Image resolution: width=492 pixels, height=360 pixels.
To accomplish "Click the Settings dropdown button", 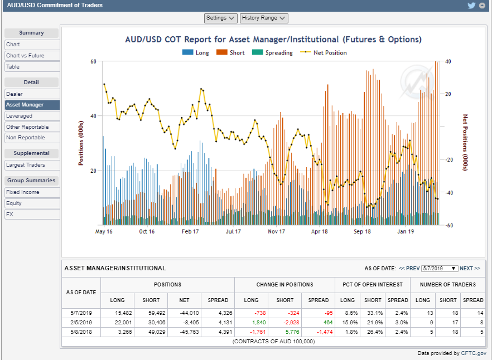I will [221, 18].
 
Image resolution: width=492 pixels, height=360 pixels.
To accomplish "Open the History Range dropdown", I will [264, 18].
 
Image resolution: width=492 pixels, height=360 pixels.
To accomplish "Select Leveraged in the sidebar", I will [20, 116].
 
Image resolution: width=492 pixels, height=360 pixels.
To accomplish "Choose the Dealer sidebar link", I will [15, 94].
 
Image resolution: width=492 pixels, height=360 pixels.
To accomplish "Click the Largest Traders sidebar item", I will [26, 165].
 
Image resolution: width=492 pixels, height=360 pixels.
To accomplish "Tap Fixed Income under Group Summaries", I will [23, 192].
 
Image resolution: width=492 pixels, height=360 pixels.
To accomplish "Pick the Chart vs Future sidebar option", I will [25, 56].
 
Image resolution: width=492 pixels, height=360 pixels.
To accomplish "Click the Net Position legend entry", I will [329, 53].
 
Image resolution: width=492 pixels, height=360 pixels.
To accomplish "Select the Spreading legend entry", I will [279, 53].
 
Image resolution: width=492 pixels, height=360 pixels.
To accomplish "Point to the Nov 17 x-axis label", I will [276, 231].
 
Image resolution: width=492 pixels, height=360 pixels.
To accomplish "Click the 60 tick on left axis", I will [93, 61].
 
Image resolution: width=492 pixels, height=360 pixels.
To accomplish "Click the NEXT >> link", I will [470, 269].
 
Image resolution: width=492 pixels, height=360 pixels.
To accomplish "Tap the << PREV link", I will [409, 269].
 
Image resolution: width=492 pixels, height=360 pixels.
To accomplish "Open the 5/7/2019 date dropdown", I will [440, 269].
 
